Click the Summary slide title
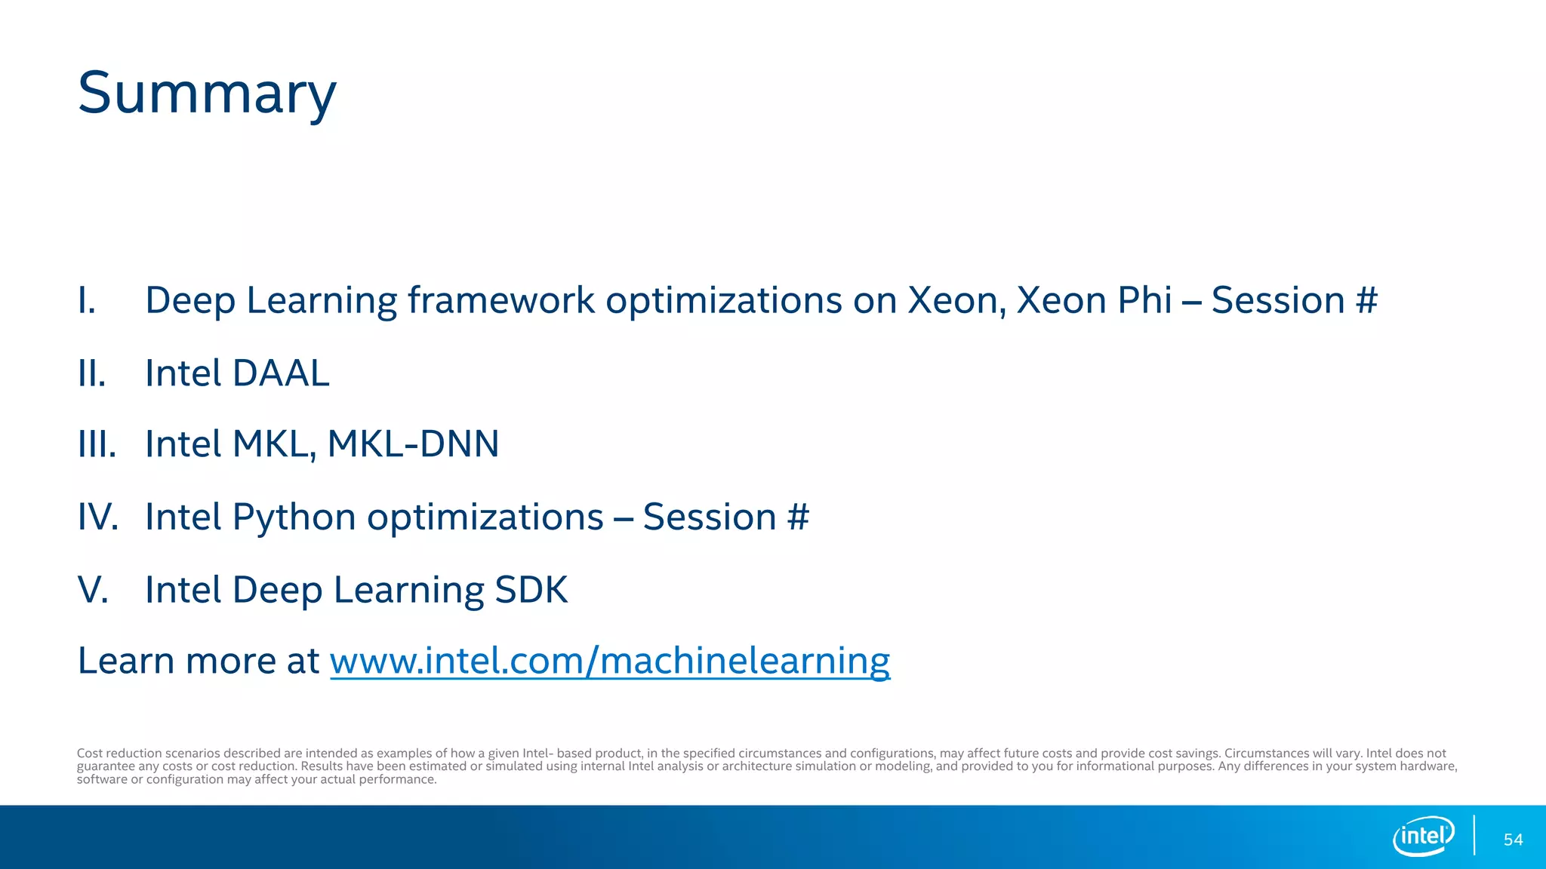click(x=207, y=94)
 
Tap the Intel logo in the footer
click(x=1423, y=836)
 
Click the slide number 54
click(x=1513, y=840)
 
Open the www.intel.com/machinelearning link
click(x=610, y=661)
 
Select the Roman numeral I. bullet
click(x=88, y=301)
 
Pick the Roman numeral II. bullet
click(x=92, y=373)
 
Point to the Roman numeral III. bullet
click(x=97, y=444)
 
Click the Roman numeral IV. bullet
click(x=98, y=517)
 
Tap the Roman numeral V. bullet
click(x=93, y=590)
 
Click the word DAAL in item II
click(x=281, y=373)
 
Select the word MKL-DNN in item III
click(x=413, y=444)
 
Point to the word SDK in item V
click(x=531, y=590)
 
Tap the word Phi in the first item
click(x=1144, y=301)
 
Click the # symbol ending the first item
click(x=1366, y=301)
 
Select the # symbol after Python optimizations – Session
click(x=798, y=517)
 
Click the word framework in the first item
click(x=501, y=301)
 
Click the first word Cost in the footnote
click(x=89, y=753)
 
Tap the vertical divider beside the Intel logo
click(x=1474, y=835)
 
